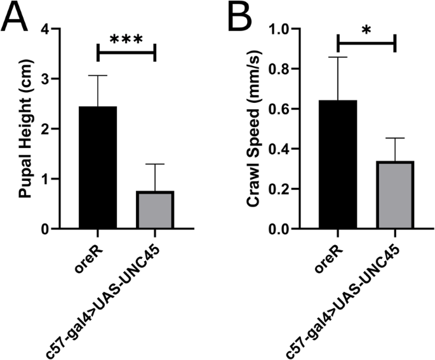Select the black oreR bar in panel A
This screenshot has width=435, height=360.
(98, 168)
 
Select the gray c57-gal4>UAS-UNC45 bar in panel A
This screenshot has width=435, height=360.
(156, 210)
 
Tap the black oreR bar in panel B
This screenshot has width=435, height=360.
(337, 164)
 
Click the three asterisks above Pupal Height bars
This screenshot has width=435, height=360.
(126, 39)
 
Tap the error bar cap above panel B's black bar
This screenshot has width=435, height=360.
(337, 57)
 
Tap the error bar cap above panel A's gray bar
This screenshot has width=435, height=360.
(156, 164)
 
